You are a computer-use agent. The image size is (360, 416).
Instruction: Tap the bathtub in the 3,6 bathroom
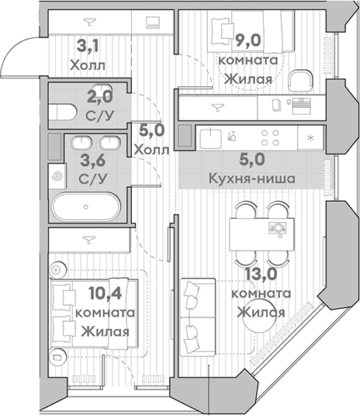(x=85, y=208)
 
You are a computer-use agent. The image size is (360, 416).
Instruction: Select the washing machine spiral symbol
(x=54, y=177)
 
